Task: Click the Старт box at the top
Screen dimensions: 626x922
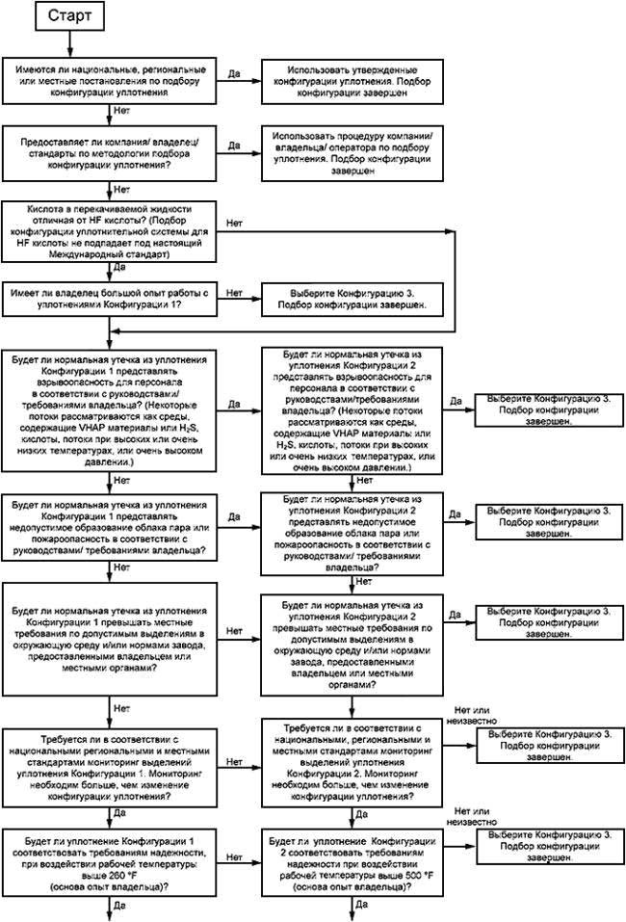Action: [x=69, y=15]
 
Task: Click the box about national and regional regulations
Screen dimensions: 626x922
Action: [x=110, y=81]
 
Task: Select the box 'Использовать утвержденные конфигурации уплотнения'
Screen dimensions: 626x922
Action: [x=352, y=82]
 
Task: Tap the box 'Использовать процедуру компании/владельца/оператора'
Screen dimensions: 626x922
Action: [x=352, y=153]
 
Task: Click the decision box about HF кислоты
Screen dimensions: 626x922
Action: [x=110, y=231]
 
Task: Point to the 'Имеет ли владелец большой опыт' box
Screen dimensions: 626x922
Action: [x=110, y=299]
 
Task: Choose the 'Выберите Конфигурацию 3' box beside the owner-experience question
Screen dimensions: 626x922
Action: [x=352, y=300]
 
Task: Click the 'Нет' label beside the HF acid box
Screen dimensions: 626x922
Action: [x=235, y=224]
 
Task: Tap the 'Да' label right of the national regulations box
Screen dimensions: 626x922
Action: [x=234, y=73]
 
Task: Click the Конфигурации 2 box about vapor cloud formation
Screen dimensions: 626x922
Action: [x=352, y=534]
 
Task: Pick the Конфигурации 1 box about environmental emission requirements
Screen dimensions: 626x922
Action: [x=110, y=639]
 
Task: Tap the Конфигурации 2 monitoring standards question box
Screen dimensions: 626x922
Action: [x=352, y=762]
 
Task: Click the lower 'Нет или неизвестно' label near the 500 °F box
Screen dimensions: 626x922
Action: [x=471, y=817]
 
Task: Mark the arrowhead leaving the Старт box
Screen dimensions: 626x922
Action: [x=69, y=52]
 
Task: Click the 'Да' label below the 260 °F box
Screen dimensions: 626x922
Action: [x=119, y=906]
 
